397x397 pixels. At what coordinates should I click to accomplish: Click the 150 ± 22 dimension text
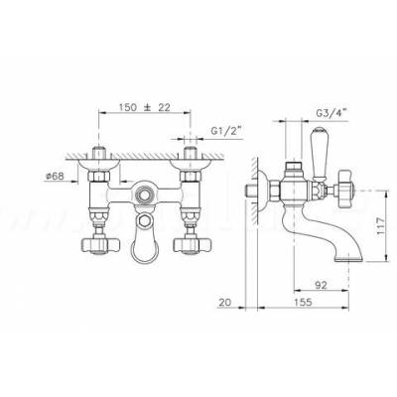pos(145,107)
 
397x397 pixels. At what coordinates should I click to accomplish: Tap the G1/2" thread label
pos(226,131)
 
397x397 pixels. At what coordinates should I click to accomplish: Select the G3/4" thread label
pos(331,113)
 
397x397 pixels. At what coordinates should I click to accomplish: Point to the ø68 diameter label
pos(55,176)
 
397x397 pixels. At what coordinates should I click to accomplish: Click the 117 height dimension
pos(381,226)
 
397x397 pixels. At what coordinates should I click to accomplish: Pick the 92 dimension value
pos(321,285)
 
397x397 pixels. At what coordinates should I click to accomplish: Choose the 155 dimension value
pos(303,302)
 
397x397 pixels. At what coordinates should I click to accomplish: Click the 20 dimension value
pos(224,302)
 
